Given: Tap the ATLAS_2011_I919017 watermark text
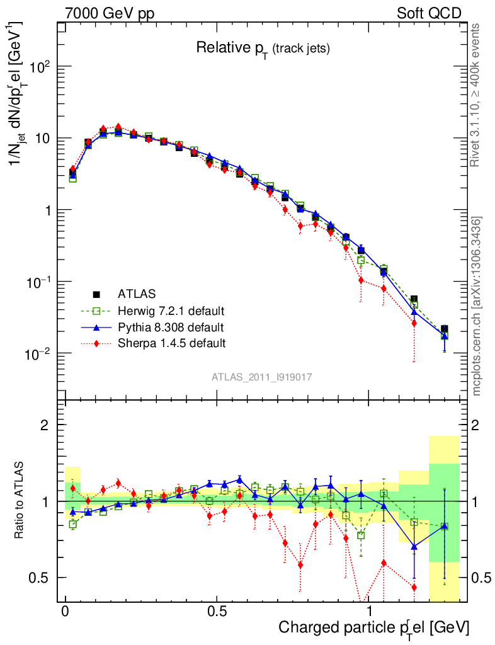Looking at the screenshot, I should click(262, 377).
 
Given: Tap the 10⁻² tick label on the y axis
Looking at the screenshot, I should click(38, 354).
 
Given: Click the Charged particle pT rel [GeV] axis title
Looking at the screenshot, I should click(374, 627).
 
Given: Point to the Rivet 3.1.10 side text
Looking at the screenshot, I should click(477, 95).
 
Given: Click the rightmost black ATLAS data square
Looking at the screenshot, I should click(444, 329).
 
